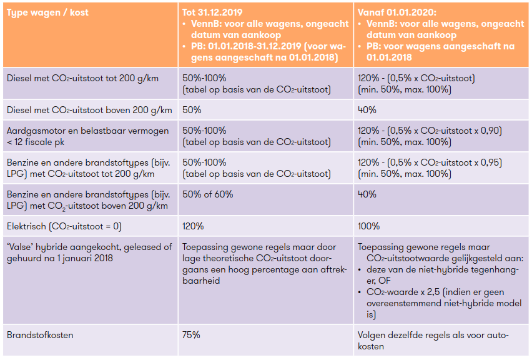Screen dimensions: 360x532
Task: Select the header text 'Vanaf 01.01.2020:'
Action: pos(397,12)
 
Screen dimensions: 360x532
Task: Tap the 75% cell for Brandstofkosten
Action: pos(191,335)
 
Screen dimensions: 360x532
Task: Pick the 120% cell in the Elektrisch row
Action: pos(193,226)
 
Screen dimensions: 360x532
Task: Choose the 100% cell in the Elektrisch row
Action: pos(368,226)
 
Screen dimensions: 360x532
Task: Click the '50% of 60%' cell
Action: pos(207,194)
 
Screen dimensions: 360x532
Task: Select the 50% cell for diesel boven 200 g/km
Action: pos(191,110)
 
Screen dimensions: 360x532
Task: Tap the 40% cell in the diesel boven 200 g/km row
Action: pos(367,110)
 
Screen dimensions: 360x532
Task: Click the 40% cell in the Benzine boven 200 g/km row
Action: pos(367,194)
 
